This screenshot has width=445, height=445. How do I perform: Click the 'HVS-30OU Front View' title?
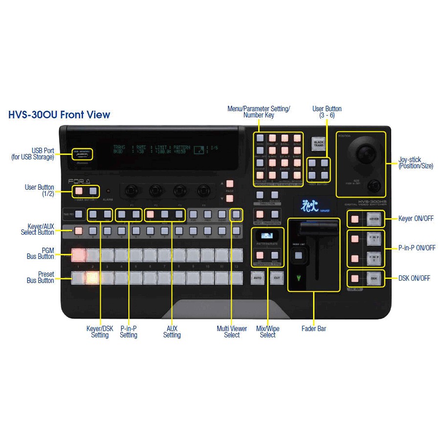[59, 115]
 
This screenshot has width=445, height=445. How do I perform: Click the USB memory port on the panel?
[82, 153]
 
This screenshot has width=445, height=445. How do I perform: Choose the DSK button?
[374, 278]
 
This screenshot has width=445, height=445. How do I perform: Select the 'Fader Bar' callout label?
[313, 329]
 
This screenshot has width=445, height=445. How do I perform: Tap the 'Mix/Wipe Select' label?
[268, 332]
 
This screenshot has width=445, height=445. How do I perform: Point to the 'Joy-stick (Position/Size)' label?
[416, 163]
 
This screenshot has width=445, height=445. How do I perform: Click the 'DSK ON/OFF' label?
[414, 278]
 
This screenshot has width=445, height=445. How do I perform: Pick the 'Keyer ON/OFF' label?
[416, 219]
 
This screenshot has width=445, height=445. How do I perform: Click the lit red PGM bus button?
[78, 255]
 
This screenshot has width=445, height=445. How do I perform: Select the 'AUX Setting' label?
[172, 332]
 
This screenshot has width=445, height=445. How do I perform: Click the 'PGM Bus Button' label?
[40, 252]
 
